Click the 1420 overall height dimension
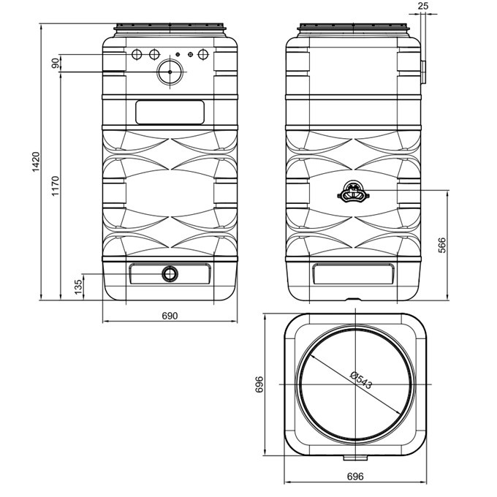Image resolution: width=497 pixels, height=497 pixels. pos(36,162)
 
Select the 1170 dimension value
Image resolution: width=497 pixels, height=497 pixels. pos(55,186)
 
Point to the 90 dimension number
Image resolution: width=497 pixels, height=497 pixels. pos(55,63)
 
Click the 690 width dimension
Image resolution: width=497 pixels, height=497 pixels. pos(170,316)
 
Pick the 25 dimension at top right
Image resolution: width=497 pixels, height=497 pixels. pos(423,6)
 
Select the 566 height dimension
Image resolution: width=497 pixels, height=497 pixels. pos(441,245)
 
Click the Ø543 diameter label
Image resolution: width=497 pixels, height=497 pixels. pos(361,380)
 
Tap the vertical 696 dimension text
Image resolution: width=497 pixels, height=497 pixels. pos(259,384)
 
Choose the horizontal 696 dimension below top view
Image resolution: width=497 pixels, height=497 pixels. pos(355,477)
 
